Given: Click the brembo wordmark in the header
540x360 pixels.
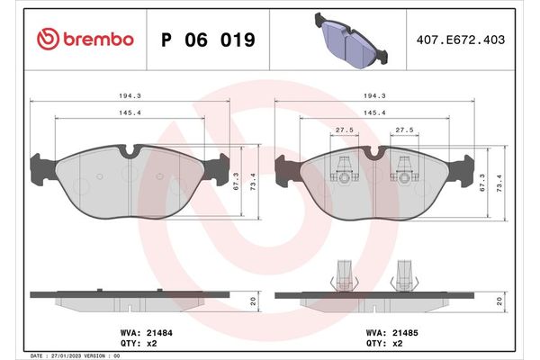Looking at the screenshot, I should tap(100, 40).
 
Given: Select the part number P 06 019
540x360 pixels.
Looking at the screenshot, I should tap(207, 40).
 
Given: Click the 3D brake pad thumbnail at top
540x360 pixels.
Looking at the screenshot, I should tap(352, 40).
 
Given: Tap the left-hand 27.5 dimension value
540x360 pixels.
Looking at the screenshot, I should tap(343, 130).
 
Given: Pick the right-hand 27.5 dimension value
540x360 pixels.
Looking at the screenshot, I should tap(404, 130).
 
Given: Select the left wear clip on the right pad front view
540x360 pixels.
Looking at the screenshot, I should tap(343, 168).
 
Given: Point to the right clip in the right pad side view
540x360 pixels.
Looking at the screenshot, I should tap(404, 274).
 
